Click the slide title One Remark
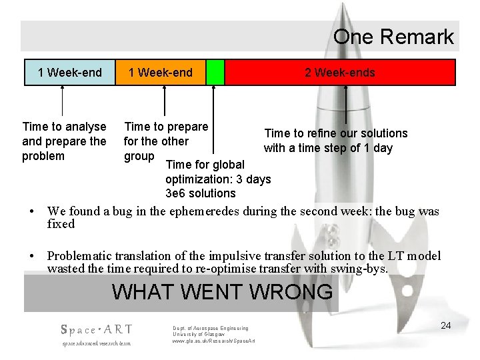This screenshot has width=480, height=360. pyautogui.click(x=393, y=37)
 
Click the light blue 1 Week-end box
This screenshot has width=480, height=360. pyautogui.click(x=69, y=73)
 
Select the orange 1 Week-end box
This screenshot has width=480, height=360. pyautogui.click(x=160, y=73)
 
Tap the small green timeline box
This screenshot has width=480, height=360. pyautogui.click(x=215, y=73)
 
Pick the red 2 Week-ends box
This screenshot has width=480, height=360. pyautogui.click(x=340, y=73)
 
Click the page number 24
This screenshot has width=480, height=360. pyautogui.click(x=446, y=325)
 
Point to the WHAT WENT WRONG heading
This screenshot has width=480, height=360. pyautogui.click(x=222, y=292)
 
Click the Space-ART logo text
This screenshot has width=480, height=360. pyautogui.click(x=97, y=329)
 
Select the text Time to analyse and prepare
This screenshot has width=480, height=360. pyautogui.click(x=64, y=133)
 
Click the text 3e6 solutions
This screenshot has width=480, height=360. pyautogui.click(x=200, y=193)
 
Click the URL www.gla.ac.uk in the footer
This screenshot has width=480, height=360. pyautogui.click(x=213, y=341)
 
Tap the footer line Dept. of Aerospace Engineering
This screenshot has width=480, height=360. pyautogui.click(x=210, y=328)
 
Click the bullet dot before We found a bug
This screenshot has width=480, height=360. pyautogui.click(x=33, y=211)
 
